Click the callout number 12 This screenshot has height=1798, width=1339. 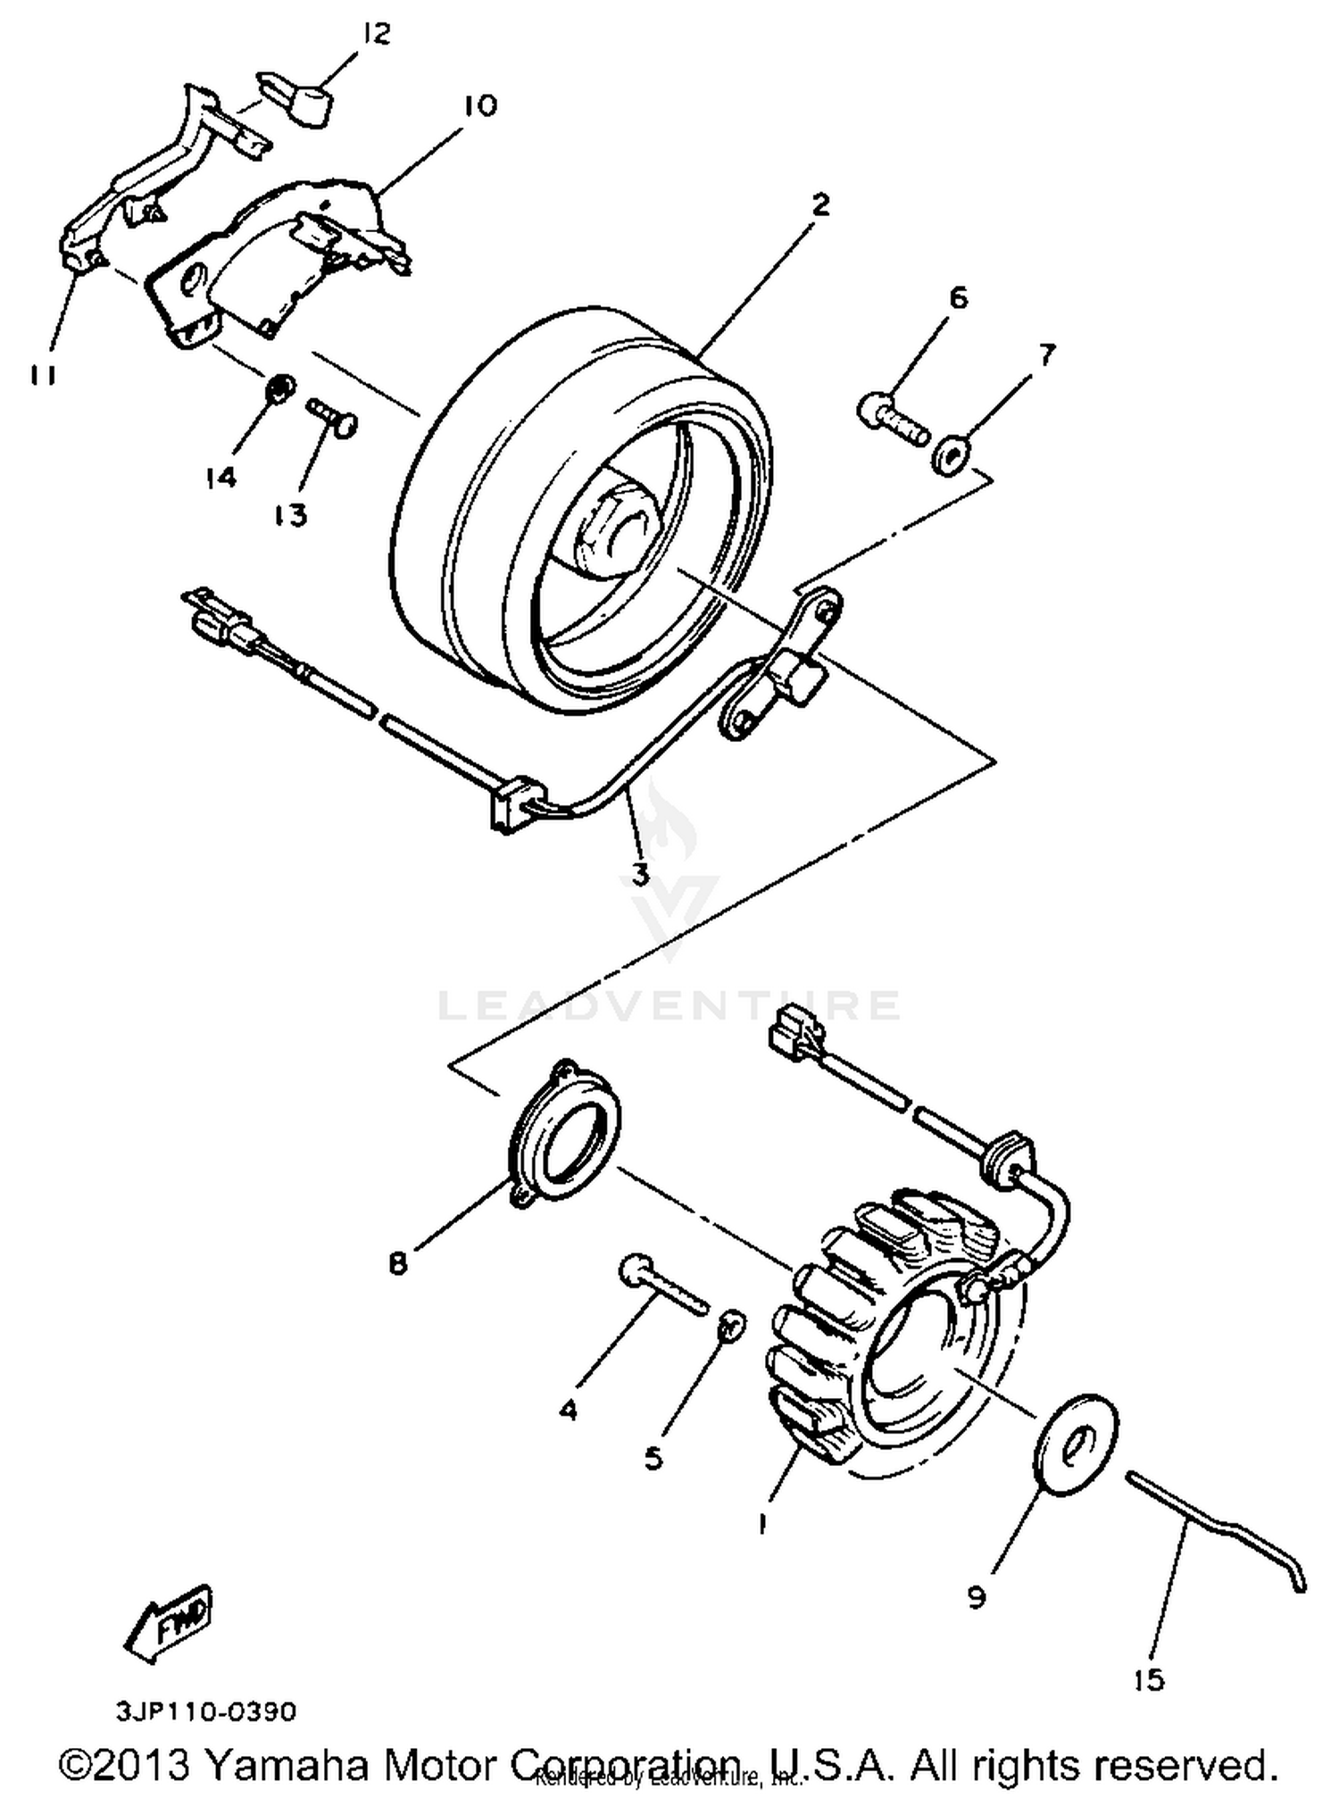pos(377,35)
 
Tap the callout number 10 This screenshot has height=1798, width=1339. pos(480,105)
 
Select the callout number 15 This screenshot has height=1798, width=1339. pos(1149,1680)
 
